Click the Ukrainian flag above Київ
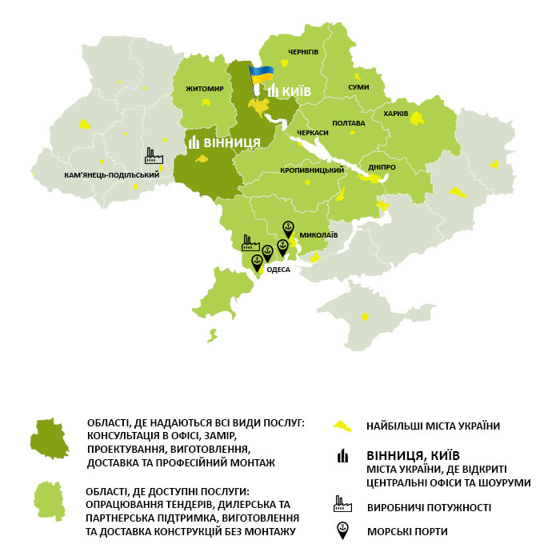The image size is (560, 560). [261, 76]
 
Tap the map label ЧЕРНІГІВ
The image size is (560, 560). [302, 52]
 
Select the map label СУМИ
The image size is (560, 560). [359, 86]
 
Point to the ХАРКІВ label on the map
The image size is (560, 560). [396, 114]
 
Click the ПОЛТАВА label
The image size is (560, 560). [348, 123]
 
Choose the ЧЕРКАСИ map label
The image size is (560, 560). [312, 133]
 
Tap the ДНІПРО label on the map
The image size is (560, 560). [382, 166]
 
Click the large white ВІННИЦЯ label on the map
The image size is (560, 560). [232, 142]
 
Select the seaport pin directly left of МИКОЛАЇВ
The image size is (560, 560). [289, 229]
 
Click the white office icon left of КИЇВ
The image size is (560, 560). [274, 91]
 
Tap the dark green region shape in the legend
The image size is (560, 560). [50, 438]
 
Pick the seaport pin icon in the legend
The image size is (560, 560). [342, 530]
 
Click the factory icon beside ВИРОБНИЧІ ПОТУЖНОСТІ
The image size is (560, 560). [342, 505]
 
